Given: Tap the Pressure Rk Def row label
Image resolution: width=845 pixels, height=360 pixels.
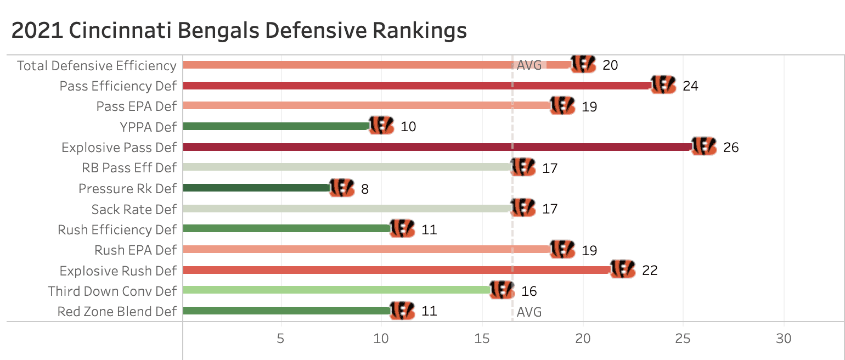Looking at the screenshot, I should [127, 189].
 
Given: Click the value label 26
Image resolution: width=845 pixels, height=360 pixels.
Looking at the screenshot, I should [731, 148].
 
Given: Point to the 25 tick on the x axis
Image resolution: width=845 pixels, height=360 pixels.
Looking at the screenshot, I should [683, 339].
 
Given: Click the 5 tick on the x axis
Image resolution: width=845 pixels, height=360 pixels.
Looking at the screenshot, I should [281, 339].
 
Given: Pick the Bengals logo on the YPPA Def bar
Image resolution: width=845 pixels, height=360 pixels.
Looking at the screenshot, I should [381, 126].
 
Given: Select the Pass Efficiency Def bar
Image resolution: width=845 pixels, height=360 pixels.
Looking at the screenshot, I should [417, 86].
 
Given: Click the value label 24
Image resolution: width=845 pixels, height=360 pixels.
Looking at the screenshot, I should [690, 86].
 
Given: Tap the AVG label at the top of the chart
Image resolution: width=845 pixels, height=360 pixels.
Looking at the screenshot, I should [529, 65].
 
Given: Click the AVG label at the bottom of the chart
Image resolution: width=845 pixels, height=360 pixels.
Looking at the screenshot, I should [529, 312].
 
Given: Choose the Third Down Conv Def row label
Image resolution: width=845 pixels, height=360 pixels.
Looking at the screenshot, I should [112, 291].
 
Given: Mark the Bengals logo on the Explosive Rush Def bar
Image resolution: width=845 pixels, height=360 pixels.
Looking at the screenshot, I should [623, 269].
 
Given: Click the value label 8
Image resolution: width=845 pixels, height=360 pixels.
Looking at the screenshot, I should [364, 189].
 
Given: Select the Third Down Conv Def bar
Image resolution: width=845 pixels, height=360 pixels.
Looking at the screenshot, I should [336, 290].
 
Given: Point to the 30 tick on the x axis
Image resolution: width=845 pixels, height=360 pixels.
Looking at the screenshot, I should [784, 339].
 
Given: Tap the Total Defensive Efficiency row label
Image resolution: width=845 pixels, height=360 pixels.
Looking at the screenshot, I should [97, 66].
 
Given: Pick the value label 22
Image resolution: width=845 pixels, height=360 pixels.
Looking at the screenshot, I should [650, 271].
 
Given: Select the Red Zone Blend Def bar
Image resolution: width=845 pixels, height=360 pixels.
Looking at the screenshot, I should [286, 311].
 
